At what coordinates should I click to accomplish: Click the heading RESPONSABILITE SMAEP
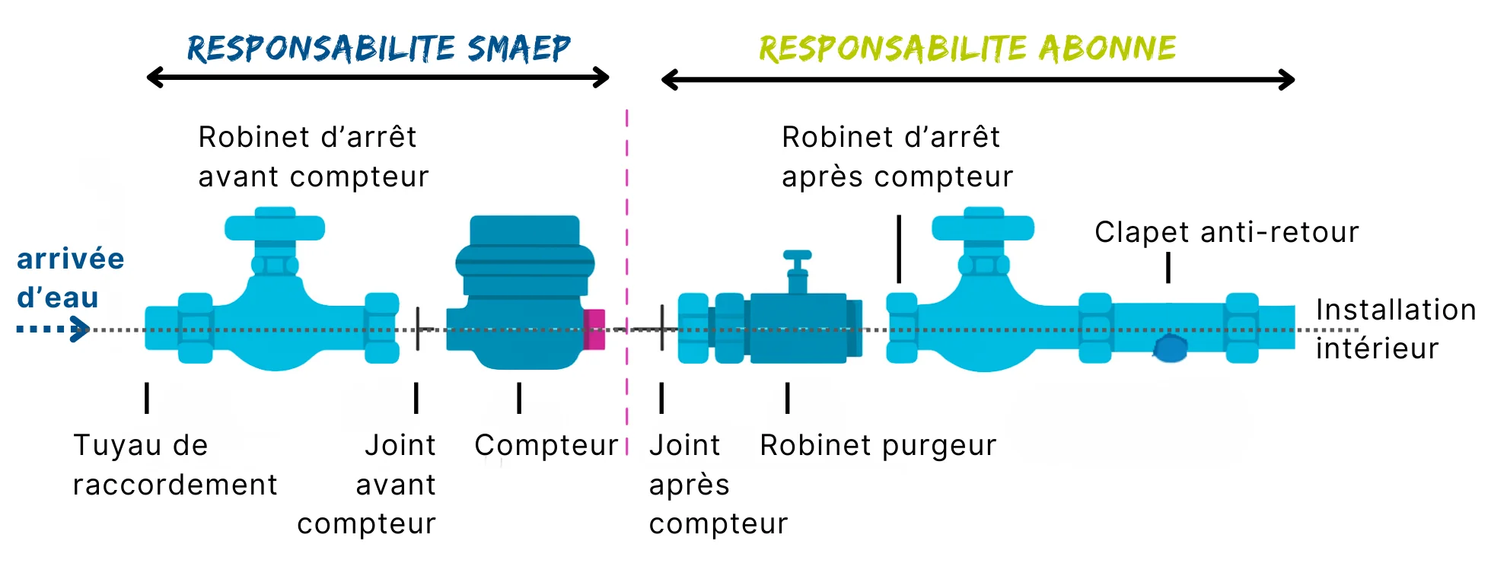pyautogui.click(x=378, y=48)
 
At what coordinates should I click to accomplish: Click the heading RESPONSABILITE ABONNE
pyautogui.click(x=967, y=48)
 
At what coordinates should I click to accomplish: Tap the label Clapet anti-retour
pyautogui.click(x=1226, y=232)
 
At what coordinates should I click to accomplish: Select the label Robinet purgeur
pyautogui.click(x=878, y=446)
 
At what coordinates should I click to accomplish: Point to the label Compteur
pyautogui.click(x=546, y=446)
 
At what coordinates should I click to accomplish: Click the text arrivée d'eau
pyautogui.click(x=70, y=278)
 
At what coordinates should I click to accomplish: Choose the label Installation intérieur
pyautogui.click(x=1395, y=329)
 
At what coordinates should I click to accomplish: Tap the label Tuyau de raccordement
pyautogui.click(x=175, y=465)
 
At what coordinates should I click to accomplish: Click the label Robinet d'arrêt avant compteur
pyautogui.click(x=313, y=157)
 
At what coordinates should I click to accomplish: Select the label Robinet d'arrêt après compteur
pyautogui.click(x=897, y=157)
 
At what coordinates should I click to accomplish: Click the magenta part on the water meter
pyautogui.click(x=594, y=329)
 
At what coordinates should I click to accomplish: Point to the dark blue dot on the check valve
pyautogui.click(x=1171, y=348)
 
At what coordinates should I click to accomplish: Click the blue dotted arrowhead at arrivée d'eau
pyautogui.click(x=80, y=329)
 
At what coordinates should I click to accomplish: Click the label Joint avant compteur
pyautogui.click(x=366, y=485)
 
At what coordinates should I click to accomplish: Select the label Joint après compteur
pyautogui.click(x=718, y=485)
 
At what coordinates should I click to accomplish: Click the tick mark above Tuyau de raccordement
pyautogui.click(x=147, y=398)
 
